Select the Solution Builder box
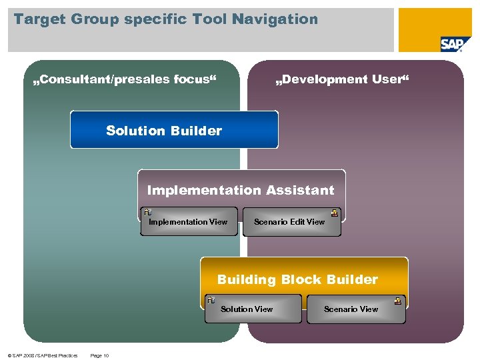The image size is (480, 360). tap(174, 130)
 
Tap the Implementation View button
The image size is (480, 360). tap(189, 222)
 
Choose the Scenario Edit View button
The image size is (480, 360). tap(291, 222)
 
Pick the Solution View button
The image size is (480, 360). tap(247, 309)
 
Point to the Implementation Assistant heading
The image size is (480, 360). tap(241, 190)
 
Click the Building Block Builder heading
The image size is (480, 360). tap(297, 279)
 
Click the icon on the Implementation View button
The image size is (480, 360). tap(147, 213)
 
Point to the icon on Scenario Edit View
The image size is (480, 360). tap(335, 213)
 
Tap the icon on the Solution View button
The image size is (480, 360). tap(210, 301)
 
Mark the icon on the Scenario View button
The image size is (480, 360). tap(398, 301)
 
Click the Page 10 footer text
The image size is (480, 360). tap(99, 355)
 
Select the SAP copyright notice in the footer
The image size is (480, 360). tap(39, 355)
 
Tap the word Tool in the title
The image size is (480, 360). tap(211, 19)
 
